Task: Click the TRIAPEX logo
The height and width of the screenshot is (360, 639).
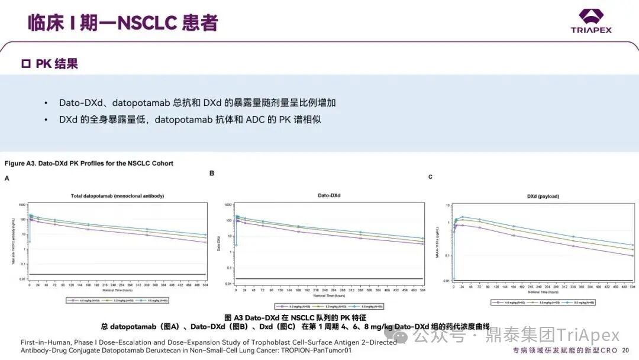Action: click(x=590, y=21)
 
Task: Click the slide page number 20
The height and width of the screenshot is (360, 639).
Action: click(x=625, y=351)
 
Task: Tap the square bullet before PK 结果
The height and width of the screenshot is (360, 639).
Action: click(x=25, y=64)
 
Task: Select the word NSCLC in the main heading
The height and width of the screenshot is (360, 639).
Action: click(x=148, y=22)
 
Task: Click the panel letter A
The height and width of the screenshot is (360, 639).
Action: click(x=7, y=178)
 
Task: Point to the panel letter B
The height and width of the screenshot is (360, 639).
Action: click(x=212, y=173)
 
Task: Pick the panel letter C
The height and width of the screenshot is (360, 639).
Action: click(x=430, y=177)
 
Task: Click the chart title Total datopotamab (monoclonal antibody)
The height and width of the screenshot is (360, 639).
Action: click(x=117, y=195)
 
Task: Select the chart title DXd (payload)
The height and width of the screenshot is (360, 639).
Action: click(x=543, y=196)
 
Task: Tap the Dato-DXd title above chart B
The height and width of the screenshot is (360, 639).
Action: click(x=330, y=195)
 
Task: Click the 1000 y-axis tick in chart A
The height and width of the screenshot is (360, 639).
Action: click(x=22, y=205)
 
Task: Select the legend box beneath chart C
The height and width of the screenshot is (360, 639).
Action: click(x=543, y=302)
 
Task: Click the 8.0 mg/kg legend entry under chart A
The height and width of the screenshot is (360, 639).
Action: click(x=157, y=301)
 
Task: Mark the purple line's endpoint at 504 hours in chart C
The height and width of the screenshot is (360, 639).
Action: click(x=632, y=255)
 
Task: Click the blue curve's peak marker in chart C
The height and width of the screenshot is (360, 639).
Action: click(x=462, y=217)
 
